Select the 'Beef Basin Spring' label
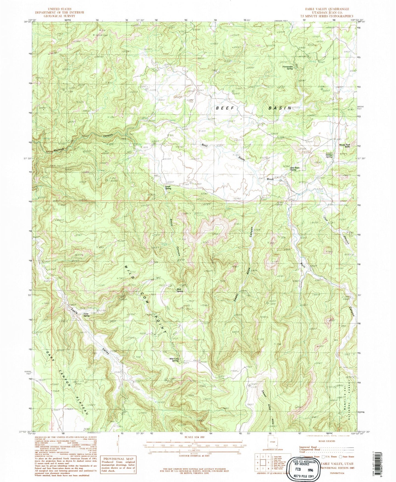(295, 169)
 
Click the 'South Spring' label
(168, 188)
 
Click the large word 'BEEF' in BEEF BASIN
(226, 108)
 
